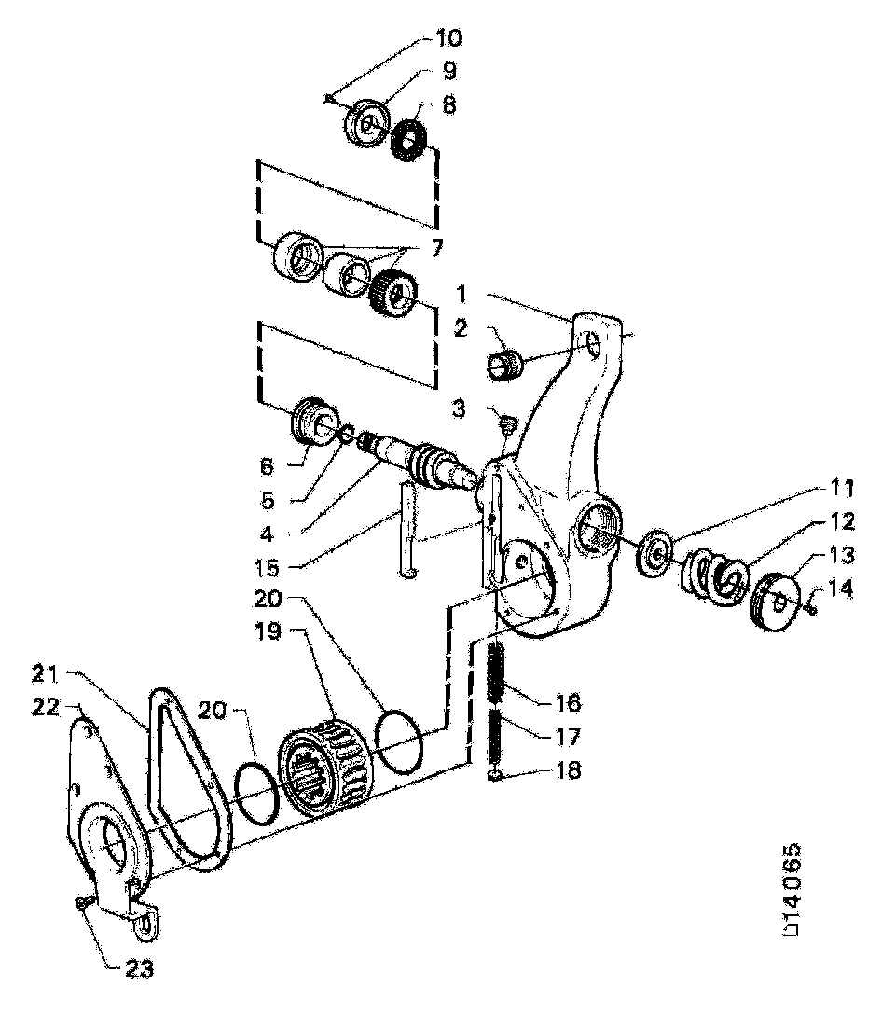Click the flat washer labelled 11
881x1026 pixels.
(x=657, y=556)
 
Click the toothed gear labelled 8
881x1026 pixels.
(x=411, y=140)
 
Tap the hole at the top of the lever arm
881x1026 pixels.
(x=592, y=347)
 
